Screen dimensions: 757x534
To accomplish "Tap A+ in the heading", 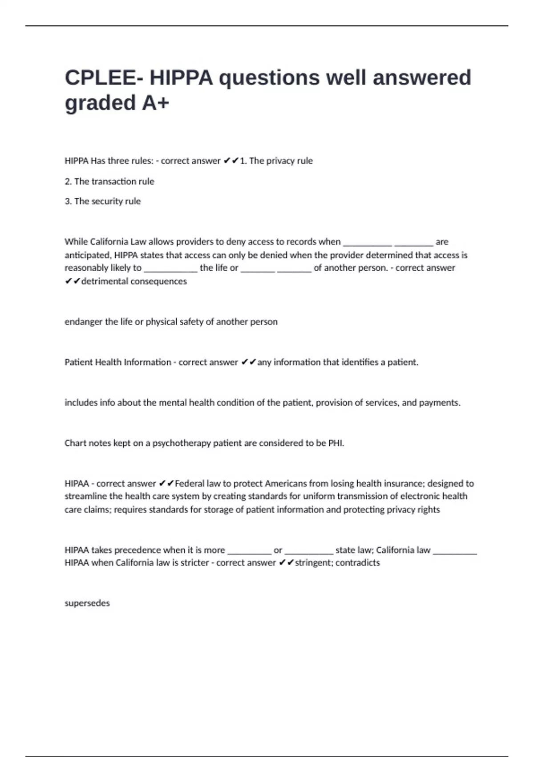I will (155, 103).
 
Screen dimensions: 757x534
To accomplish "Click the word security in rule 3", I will (107, 201).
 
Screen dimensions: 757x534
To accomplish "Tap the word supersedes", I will (87, 603).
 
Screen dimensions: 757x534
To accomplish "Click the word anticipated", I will (87, 256).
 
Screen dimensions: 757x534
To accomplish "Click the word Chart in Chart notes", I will (74, 443).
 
